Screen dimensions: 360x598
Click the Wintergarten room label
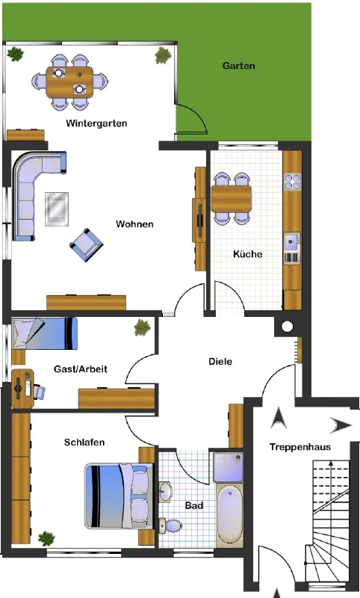(96, 123)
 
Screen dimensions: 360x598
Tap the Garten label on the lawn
(239, 66)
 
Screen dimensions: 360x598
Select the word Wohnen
(135, 224)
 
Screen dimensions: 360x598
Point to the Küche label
(248, 254)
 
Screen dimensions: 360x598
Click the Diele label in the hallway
(220, 361)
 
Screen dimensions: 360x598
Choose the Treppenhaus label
(300, 447)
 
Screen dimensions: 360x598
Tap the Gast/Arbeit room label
(81, 369)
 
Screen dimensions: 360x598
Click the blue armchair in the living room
(86, 245)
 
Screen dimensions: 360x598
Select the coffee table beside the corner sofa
(57, 209)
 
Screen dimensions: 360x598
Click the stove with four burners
(292, 182)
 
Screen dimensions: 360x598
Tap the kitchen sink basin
(292, 243)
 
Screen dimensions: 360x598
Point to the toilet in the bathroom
(170, 526)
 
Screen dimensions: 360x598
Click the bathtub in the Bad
(230, 514)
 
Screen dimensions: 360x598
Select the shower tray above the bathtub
(229, 467)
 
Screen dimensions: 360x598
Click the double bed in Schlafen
(119, 496)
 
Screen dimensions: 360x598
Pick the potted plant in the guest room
(142, 327)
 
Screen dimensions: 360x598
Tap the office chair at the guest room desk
(40, 392)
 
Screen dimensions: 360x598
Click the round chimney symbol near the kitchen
(288, 326)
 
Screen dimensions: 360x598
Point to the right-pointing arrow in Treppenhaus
(340, 425)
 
